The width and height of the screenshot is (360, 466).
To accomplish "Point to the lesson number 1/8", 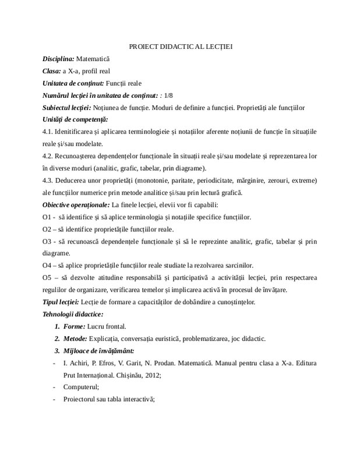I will click(x=169, y=96).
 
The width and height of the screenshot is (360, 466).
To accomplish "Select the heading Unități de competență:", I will click(x=76, y=120).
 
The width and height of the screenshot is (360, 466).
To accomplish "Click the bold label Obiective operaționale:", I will click(x=76, y=205).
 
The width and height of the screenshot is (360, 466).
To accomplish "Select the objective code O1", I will click(x=48, y=217).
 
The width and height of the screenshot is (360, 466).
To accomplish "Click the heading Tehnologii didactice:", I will click(x=73, y=315).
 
